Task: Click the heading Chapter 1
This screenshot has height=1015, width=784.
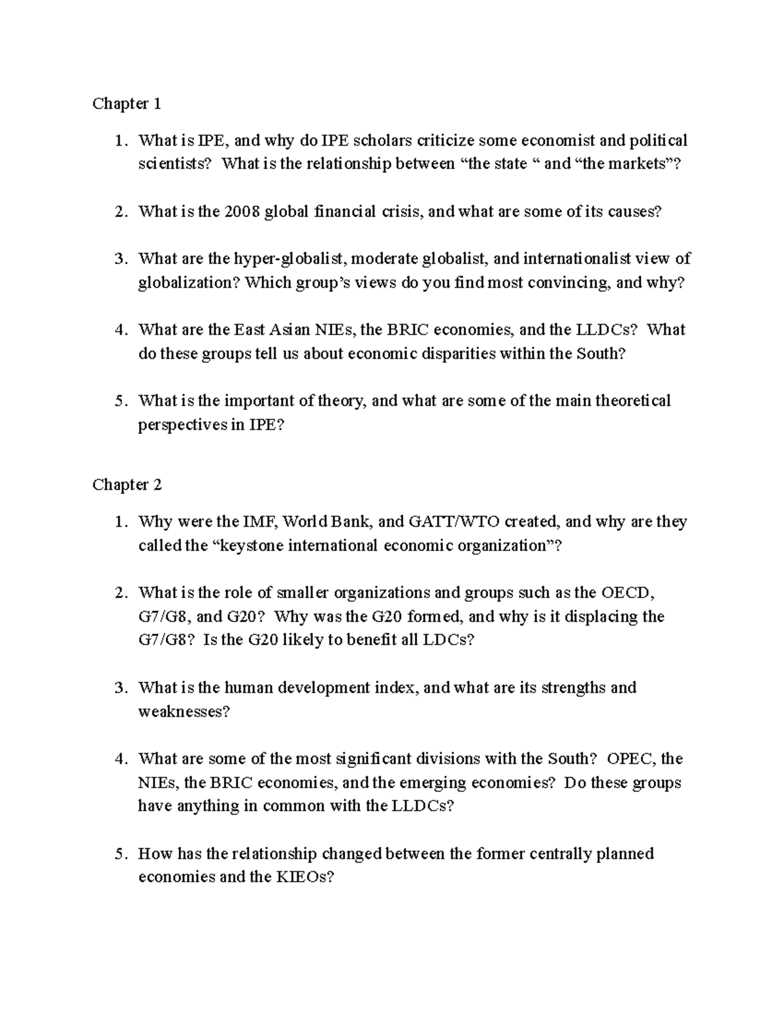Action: coord(127,104)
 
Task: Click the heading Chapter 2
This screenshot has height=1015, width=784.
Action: coord(127,485)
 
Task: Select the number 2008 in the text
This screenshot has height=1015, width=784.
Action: coord(242,212)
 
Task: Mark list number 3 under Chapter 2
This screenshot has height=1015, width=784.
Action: coord(120,688)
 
